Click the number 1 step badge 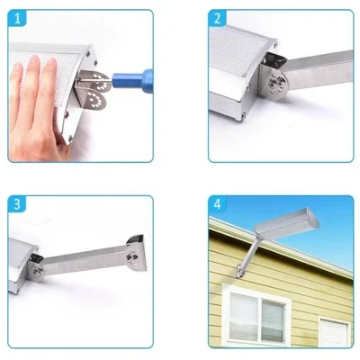[17, 19]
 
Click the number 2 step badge [218, 19]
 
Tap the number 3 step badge [17, 204]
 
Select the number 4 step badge [218, 204]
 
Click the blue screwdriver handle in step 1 [133, 78]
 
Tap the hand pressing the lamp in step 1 [35, 108]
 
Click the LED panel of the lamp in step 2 [236, 50]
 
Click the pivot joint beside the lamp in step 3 [36, 267]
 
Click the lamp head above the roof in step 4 [286, 222]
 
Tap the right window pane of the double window [273, 318]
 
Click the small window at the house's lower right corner [334, 332]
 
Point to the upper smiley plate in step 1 [99, 79]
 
